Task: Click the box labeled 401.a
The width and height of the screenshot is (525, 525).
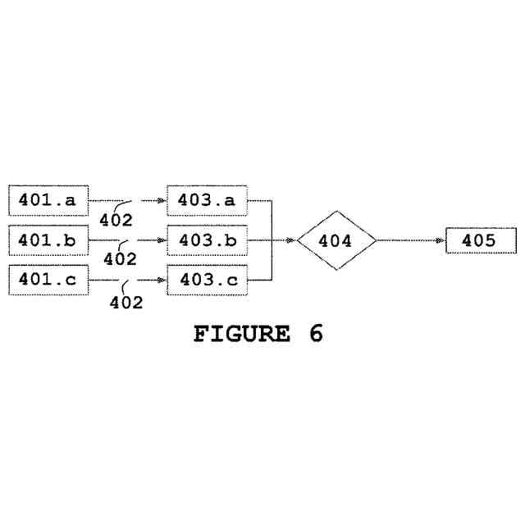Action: coord(48,200)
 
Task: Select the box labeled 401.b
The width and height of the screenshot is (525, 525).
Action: coord(48,240)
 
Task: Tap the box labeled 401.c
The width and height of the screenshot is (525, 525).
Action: coord(48,281)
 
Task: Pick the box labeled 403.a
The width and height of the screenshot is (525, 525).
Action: coord(207,200)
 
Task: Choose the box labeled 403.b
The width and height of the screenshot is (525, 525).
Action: coord(207,240)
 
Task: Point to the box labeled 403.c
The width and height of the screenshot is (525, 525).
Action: coord(207,281)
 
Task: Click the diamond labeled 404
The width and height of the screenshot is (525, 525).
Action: coord(336,240)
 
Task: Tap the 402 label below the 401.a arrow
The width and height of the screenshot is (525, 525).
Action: coord(116,220)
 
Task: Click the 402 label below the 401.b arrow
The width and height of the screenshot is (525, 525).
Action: coord(121,259)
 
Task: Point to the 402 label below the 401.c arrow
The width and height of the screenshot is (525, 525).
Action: coord(126,302)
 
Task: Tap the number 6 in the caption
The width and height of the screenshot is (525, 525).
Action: coord(316,335)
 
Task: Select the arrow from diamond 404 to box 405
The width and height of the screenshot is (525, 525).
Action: coord(410,240)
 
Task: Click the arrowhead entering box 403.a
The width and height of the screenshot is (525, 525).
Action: coord(162,200)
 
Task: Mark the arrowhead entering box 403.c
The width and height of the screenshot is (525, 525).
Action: coord(162,281)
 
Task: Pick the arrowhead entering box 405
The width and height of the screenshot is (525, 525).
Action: coord(442,240)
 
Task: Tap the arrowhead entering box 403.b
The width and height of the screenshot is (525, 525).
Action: coord(162,240)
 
